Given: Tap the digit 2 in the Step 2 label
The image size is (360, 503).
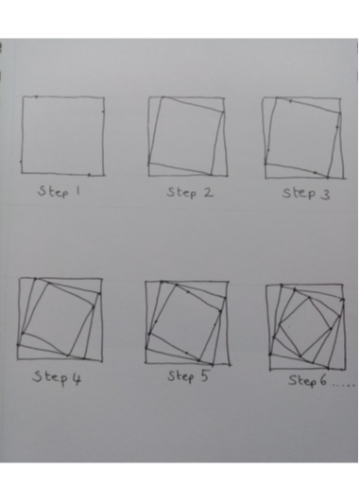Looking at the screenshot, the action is coord(209,192).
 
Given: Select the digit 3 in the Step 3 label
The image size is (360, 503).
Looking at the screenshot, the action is coord(325,194).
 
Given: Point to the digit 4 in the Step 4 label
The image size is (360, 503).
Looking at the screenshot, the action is coord(77,379).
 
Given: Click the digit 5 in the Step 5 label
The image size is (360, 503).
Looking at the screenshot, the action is coord(205,375).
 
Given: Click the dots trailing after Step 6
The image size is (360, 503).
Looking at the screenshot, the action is coord(343,384).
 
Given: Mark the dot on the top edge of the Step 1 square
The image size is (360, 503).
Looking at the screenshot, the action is coord(36,96).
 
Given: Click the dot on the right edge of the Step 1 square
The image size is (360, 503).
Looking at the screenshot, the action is coord(103,112).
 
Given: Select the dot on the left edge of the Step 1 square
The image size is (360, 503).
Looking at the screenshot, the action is coord(21,162).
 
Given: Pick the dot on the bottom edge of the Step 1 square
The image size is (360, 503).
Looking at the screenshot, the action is coord(89,175).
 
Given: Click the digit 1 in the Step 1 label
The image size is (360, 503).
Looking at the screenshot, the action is coord(77,191).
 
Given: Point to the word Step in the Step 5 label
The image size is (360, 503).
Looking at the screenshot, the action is coord(180,376).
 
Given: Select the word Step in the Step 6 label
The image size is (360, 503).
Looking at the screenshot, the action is coord(302,381).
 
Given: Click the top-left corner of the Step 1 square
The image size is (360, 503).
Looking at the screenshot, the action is coord(23,96).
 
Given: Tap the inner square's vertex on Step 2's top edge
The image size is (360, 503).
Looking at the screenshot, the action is coord(163,96).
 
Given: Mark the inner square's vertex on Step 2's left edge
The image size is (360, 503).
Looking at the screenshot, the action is coord(148,164).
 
